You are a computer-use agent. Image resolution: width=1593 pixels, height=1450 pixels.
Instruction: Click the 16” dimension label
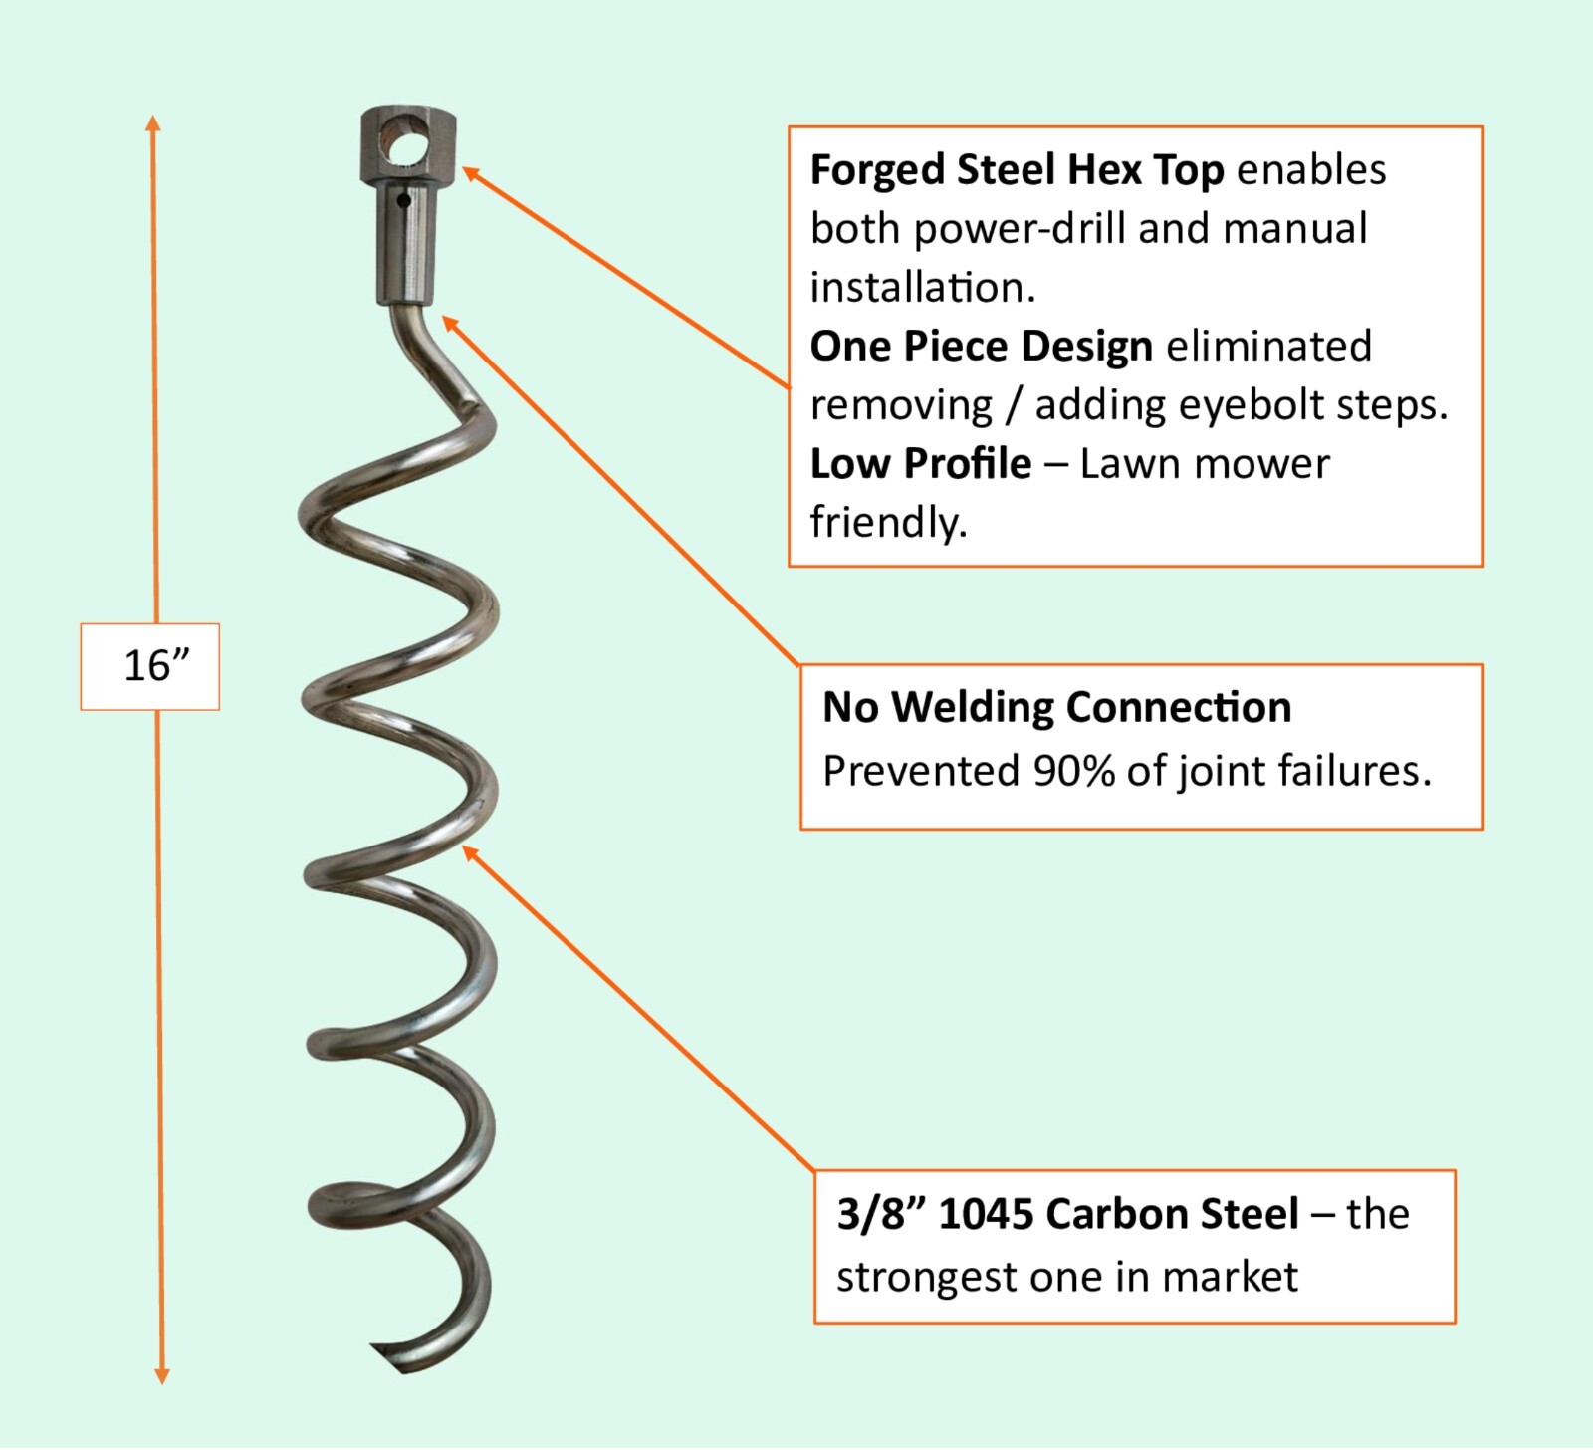point(155,665)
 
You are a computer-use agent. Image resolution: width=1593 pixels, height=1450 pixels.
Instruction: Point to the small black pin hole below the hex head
point(403,201)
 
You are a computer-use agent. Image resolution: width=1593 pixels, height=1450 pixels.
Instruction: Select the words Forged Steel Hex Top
point(1017,170)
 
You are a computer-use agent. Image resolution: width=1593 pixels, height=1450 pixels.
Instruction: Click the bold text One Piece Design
point(981,347)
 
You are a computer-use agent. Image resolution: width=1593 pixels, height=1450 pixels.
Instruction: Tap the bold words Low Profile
point(920,464)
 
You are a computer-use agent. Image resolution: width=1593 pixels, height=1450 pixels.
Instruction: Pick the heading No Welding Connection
point(1056,707)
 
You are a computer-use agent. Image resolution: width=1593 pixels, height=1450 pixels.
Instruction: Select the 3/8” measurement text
point(880,1214)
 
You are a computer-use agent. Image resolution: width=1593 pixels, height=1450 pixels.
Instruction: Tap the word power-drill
point(1019,229)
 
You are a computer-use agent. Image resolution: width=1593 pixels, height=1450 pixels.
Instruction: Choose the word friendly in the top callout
point(887,522)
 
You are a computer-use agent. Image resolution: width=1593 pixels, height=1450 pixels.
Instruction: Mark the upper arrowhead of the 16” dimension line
point(153,122)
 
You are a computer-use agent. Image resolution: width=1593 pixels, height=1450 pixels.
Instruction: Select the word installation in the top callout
point(922,288)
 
